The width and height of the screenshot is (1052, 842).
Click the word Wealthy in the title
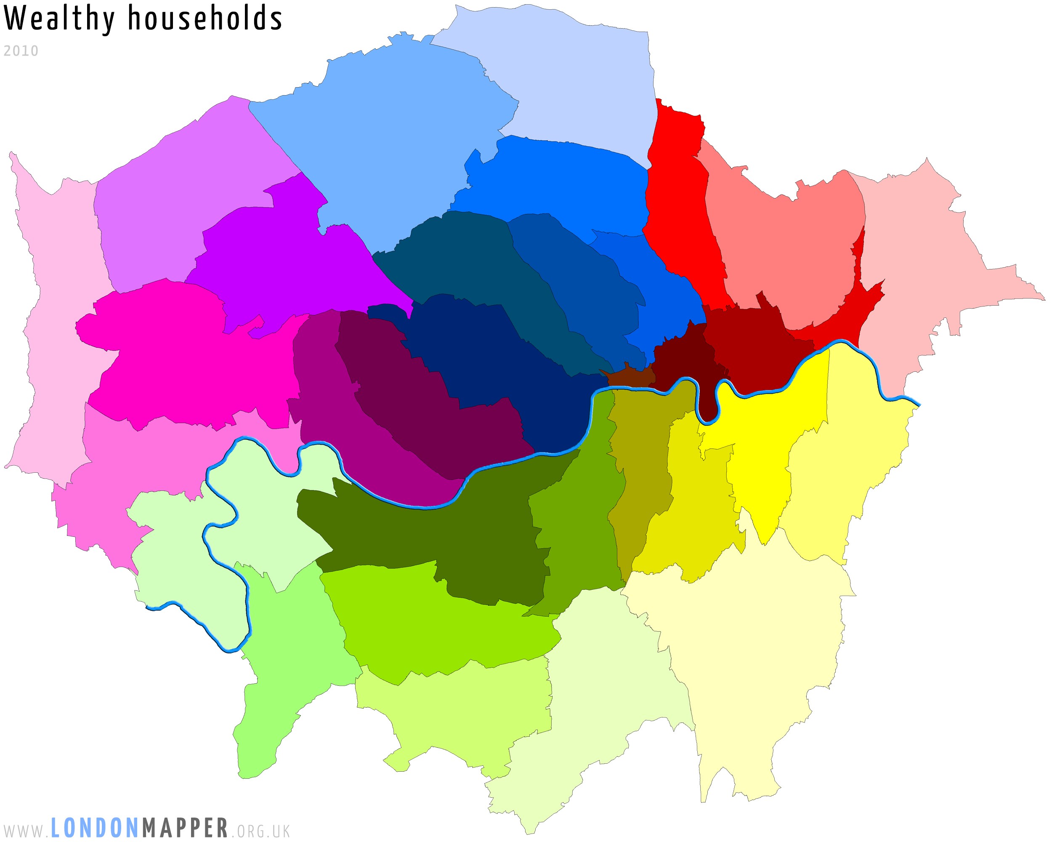pyautogui.click(x=58, y=19)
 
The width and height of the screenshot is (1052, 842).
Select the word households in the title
pyautogui.click(x=205, y=19)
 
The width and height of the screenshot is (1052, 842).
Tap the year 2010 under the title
pyautogui.click(x=21, y=51)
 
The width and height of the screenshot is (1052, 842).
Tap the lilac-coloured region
pyautogui.click(x=186, y=195)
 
